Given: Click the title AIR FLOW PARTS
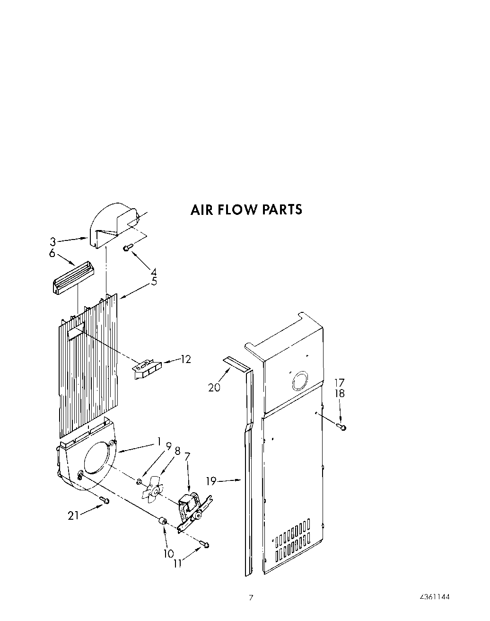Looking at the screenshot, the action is pyautogui.click(x=246, y=209).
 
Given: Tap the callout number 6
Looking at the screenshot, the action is pyautogui.click(x=52, y=253).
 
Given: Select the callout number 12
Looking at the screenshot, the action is pyautogui.click(x=186, y=359).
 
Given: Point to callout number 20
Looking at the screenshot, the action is pyautogui.click(x=214, y=387).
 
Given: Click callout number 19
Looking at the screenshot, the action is pyautogui.click(x=211, y=481).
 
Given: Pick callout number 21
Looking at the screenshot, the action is pyautogui.click(x=73, y=515).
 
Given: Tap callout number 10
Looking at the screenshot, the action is pyautogui.click(x=169, y=553).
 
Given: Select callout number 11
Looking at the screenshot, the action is pyautogui.click(x=178, y=563).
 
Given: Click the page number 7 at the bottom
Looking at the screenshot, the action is pyautogui.click(x=251, y=597).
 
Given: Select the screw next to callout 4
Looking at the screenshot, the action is pyautogui.click(x=127, y=248).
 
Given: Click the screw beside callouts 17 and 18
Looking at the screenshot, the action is pyautogui.click(x=342, y=427).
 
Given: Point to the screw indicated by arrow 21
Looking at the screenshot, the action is pyautogui.click(x=105, y=500).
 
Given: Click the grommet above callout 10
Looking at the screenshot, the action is pyautogui.click(x=163, y=521).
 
